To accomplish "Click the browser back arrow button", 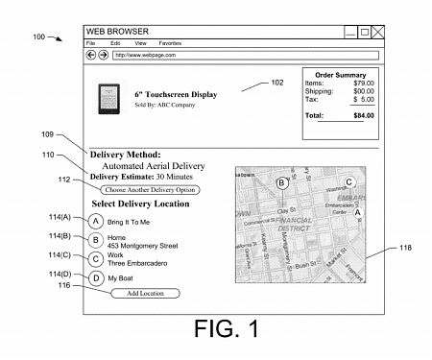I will pyautogui.click(x=91, y=56).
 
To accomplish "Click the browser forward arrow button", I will pyautogui.click(x=103, y=56).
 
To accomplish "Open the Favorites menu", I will pyautogui.click(x=170, y=43).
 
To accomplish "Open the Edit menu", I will pyautogui.click(x=115, y=43).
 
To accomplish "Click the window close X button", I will pyautogui.click(x=377, y=32).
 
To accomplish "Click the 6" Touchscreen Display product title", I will pyautogui.click(x=176, y=95).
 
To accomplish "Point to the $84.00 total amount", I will pyautogui.click(x=361, y=115).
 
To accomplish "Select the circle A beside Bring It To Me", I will pyautogui.click(x=96, y=222).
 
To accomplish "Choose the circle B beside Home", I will pyautogui.click(x=96, y=241).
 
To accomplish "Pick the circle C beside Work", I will pyautogui.click(x=96, y=259).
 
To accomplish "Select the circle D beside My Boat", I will pyautogui.click(x=96, y=277).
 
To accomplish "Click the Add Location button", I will pyautogui.click(x=145, y=292).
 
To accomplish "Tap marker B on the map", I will pyautogui.click(x=280, y=182).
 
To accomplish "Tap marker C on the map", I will pyautogui.click(x=349, y=181).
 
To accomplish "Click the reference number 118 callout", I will pyautogui.click(x=405, y=248).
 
